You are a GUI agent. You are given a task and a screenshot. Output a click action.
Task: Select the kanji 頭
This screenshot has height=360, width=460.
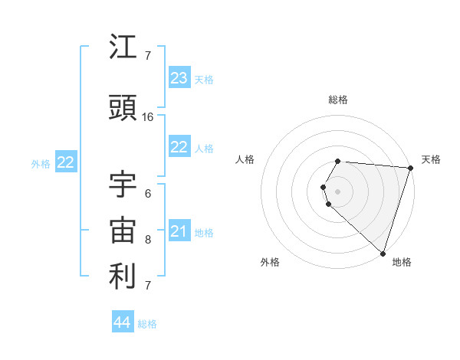point(123,110)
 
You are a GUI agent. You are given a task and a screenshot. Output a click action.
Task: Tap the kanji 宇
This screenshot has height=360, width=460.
point(123,185)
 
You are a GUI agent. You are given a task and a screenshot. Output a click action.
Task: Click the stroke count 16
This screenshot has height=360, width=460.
point(148,117)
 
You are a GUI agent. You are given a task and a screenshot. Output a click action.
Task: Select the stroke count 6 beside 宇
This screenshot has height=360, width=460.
point(148,193)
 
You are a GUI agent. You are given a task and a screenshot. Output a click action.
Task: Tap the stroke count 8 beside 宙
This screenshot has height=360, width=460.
point(148,239)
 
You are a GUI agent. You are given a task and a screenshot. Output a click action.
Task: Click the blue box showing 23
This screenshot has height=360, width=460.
point(179,78)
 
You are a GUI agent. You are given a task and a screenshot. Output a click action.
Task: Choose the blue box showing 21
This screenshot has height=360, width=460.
point(179,231)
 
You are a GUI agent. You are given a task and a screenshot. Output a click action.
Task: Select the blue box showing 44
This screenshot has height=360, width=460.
point(123,322)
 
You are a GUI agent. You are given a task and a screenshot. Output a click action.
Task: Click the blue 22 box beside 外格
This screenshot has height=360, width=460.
point(66,162)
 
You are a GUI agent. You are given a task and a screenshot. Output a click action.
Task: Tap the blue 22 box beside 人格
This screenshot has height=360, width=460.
point(179,148)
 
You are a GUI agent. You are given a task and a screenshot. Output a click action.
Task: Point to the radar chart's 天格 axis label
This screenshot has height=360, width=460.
point(432,159)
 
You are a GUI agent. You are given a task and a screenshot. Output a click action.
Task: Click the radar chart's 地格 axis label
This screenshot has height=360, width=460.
point(402,262)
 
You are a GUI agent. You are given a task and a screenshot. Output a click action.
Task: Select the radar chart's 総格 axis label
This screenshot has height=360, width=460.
point(338,100)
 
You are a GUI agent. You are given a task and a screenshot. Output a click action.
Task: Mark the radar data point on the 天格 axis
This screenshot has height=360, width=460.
point(410,168)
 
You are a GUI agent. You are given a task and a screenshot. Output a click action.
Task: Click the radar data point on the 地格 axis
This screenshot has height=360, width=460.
point(383,254)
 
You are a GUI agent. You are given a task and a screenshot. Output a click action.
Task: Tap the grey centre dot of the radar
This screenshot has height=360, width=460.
point(338,191)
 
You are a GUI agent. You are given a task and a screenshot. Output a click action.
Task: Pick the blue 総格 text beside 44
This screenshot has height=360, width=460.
point(148,324)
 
